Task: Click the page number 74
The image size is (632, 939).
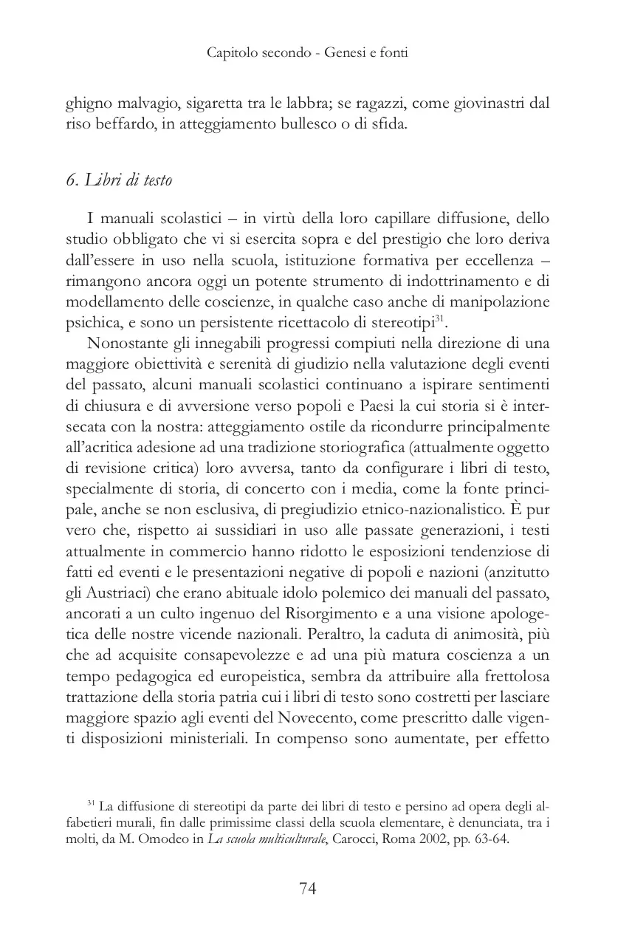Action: point(308,888)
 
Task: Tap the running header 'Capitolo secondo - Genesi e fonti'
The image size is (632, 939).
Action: point(308,52)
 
